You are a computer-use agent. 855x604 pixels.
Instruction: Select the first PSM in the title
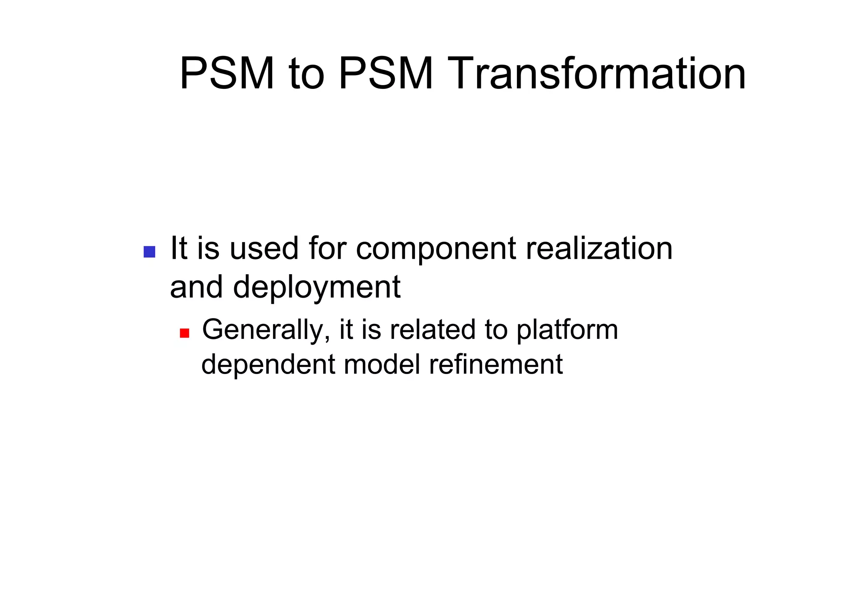(227, 74)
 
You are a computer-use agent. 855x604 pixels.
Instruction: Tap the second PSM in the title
(386, 74)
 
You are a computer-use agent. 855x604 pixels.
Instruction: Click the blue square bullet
(149, 252)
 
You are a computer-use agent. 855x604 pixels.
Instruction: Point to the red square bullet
(185, 333)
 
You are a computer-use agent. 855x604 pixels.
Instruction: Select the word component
(436, 250)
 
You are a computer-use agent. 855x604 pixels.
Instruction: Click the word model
(382, 364)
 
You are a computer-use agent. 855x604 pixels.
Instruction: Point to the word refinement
(496, 364)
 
